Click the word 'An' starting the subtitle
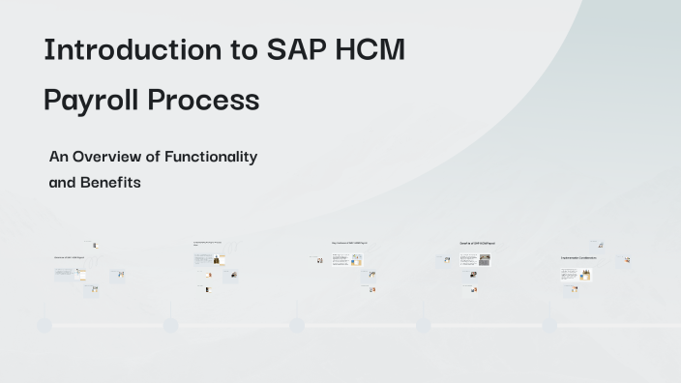[58, 157]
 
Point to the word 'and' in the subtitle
[62, 182]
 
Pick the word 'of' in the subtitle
[152, 157]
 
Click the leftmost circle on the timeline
[44, 325]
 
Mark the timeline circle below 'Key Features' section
[297, 325]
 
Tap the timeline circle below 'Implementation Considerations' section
[549, 325]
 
